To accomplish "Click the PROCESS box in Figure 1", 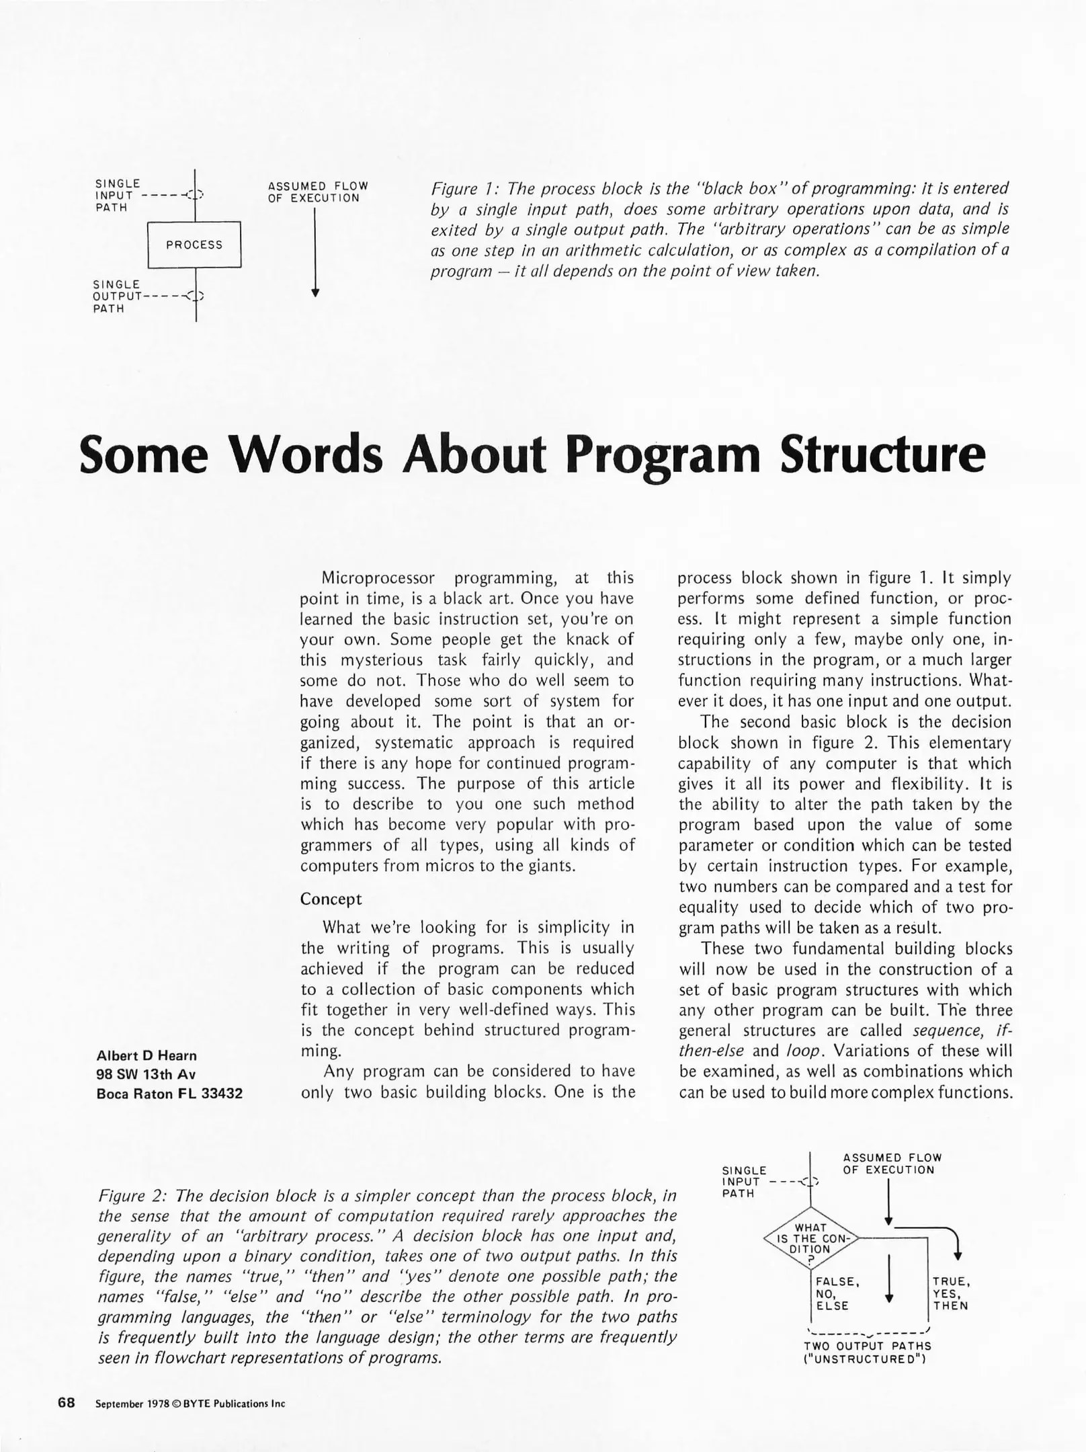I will tap(194, 245).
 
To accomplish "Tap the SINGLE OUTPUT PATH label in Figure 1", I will tap(116, 296).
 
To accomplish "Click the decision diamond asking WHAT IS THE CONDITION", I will tap(812, 1238).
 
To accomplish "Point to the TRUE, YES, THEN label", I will tap(950, 1293).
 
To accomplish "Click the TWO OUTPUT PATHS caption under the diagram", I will tap(867, 1346).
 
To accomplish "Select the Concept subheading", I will tap(331, 899).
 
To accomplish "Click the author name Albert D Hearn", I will tap(147, 1055).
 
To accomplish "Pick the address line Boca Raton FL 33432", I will tap(169, 1094).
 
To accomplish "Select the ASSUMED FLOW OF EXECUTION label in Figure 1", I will tap(317, 192).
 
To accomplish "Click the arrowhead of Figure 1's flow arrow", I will tap(315, 293).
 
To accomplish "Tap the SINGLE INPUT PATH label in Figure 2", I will tap(743, 1182).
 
